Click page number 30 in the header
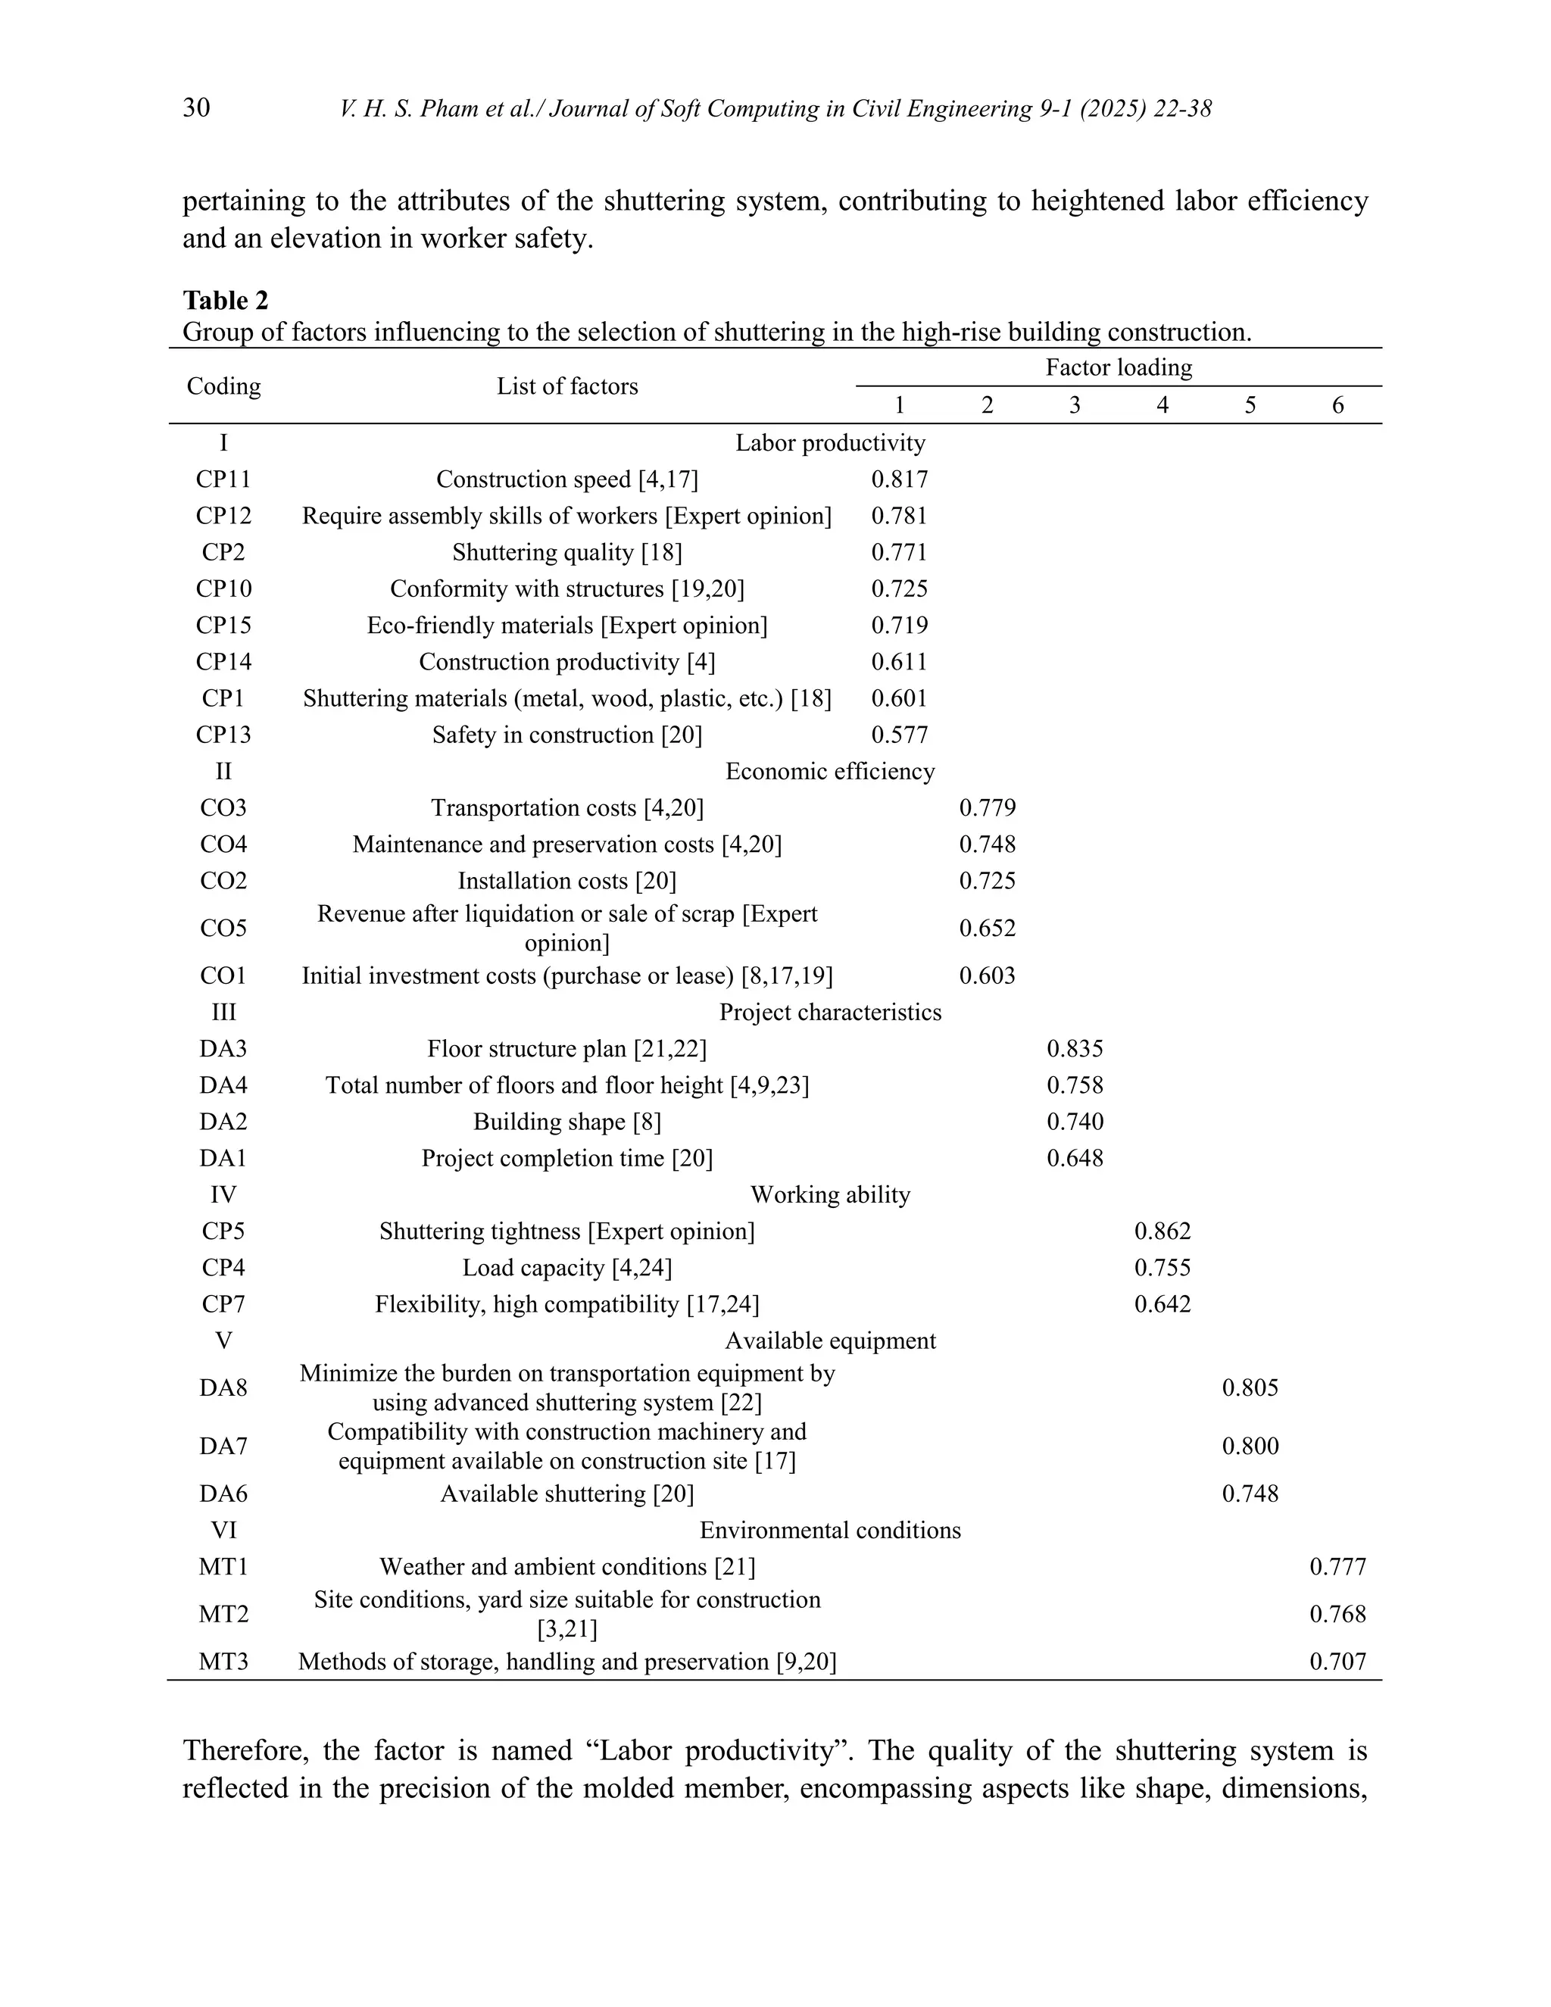(197, 108)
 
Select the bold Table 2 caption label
(225, 301)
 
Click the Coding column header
(223, 386)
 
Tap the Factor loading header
(1119, 367)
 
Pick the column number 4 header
(1162, 405)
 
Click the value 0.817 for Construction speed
(900, 479)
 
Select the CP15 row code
(223, 626)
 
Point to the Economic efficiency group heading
(830, 772)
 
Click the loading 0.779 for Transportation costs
(987, 809)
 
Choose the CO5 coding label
(223, 929)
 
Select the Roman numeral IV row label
(223, 1194)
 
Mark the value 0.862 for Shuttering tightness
(1162, 1231)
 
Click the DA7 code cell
(223, 1447)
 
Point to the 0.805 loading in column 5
(1250, 1387)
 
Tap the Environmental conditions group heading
(830, 1530)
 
